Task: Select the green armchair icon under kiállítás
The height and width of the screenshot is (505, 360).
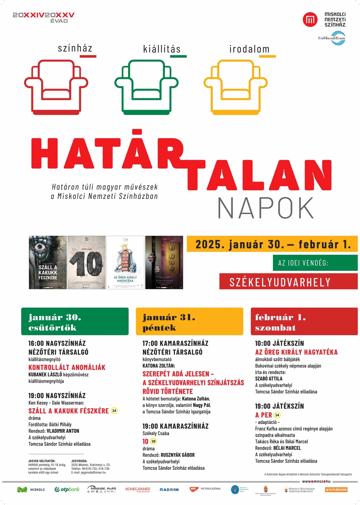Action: coord(143,87)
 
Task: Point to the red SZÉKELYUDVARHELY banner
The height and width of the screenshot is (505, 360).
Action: coord(288,282)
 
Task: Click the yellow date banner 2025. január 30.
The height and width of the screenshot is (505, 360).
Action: coord(272,244)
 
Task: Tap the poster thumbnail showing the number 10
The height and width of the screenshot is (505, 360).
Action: coord(86,262)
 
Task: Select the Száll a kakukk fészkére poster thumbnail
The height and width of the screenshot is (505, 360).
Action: coord(48,262)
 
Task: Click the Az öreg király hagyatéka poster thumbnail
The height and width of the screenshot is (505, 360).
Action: coord(125,262)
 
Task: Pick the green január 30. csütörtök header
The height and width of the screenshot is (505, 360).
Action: coord(75,322)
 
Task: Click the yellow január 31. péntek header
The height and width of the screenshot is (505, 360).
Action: coord(189,322)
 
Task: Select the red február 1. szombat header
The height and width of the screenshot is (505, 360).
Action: coord(304,322)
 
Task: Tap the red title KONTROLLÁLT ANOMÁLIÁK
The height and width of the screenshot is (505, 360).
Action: coord(67,367)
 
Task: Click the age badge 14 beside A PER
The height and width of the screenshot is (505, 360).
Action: coord(277,415)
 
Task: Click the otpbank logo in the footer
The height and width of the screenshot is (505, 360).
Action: coord(67,489)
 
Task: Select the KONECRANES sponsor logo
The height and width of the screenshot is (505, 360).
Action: coord(138,489)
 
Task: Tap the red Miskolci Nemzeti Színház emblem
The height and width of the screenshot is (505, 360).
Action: coord(310,19)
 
